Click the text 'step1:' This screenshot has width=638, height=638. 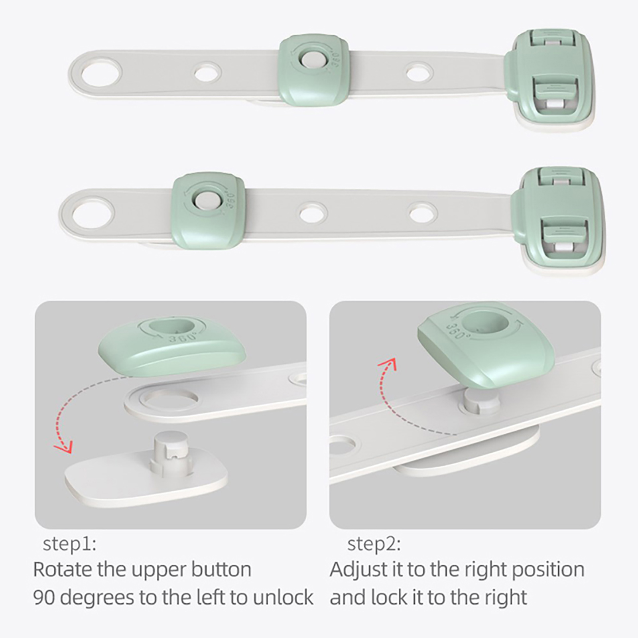tap(69, 544)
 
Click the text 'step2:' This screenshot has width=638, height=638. tap(374, 544)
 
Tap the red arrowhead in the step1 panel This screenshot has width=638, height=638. tap(64, 446)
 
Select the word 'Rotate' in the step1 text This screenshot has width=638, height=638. tap(63, 569)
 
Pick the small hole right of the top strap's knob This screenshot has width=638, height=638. tap(419, 73)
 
